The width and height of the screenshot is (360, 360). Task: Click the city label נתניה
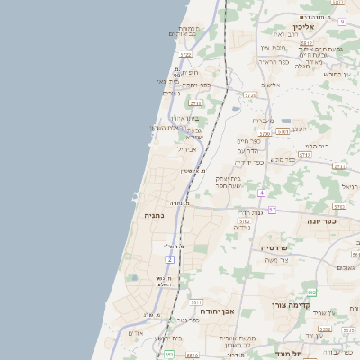pyautogui.click(x=155, y=215)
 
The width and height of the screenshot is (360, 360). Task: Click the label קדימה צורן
pyautogui.click(x=292, y=305)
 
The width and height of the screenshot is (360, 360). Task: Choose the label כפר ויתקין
pyautogui.click(x=192, y=85)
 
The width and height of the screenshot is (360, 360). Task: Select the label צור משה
pyautogui.click(x=291, y=260)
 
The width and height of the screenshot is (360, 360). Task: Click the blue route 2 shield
pyautogui.click(x=169, y=260)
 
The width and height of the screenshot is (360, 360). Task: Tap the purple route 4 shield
pyautogui.click(x=261, y=193)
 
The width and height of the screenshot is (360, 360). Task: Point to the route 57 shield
pyautogui.click(x=272, y=209)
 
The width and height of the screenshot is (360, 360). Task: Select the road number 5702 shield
pyautogui.click(x=244, y=220)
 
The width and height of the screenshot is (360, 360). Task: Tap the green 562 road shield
pyautogui.click(x=311, y=292)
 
